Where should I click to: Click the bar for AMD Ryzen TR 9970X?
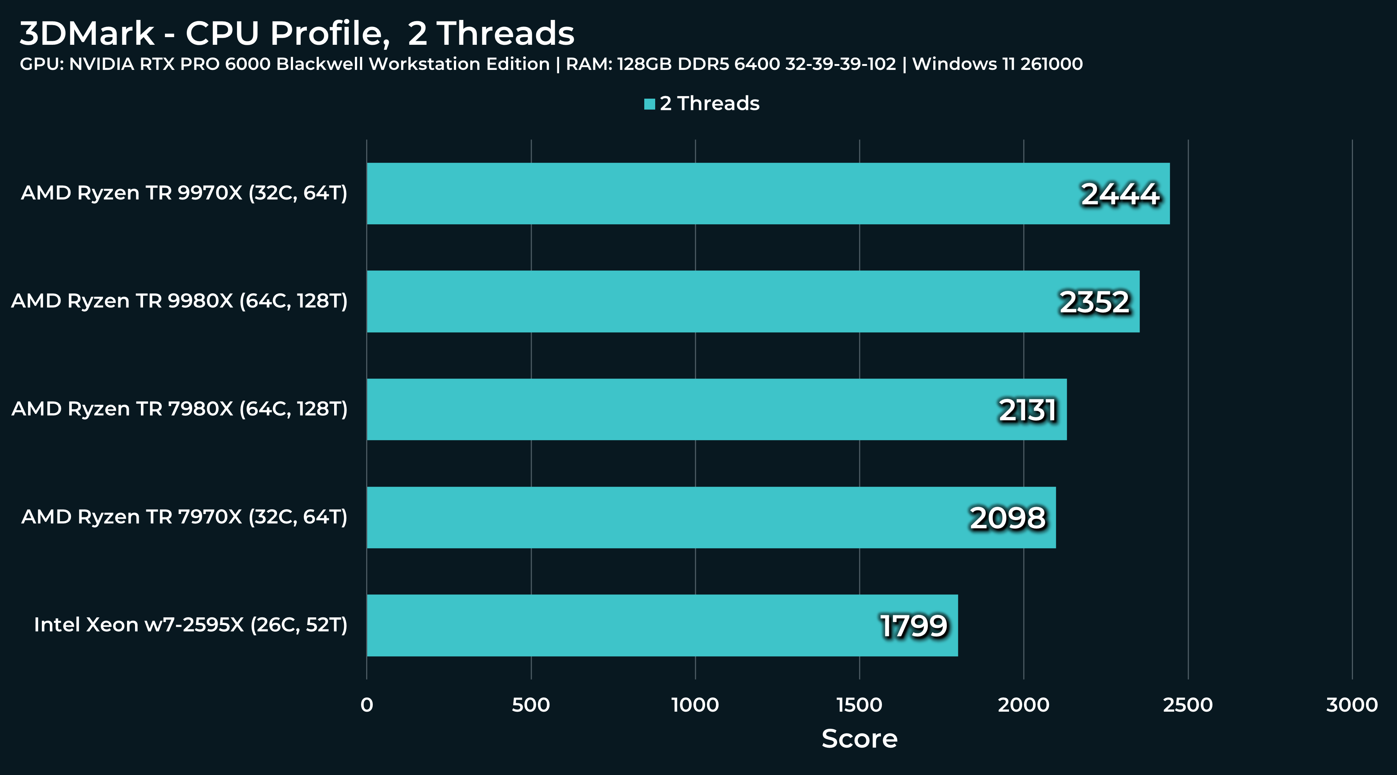pyautogui.click(x=768, y=194)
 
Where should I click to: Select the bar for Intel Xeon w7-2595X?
pyautogui.click(x=662, y=625)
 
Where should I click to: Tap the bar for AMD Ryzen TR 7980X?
pyautogui.click(x=716, y=410)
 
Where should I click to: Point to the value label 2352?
pyautogui.click(x=1095, y=302)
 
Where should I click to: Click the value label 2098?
pyautogui.click(x=1008, y=518)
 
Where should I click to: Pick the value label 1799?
pyautogui.click(x=914, y=626)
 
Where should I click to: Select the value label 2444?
pyautogui.click(x=1120, y=194)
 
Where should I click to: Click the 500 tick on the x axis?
pyautogui.click(x=531, y=705)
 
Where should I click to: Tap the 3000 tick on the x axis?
pyautogui.click(x=1352, y=705)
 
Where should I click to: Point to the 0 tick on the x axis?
pyautogui.click(x=367, y=705)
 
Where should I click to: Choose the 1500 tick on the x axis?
pyautogui.click(x=860, y=705)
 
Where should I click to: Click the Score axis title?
pyautogui.click(x=860, y=739)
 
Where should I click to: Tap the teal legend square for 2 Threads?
pyautogui.click(x=649, y=104)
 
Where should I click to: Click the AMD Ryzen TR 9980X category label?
pyautogui.click(x=179, y=301)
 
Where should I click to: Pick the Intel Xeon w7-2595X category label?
pyautogui.click(x=190, y=625)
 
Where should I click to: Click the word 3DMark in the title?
pyautogui.click(x=87, y=33)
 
